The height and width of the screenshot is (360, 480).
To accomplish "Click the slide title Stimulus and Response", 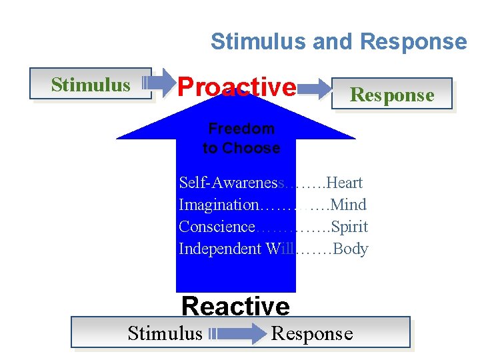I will point(339,41).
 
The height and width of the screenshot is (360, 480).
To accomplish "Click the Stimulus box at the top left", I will point(91,85).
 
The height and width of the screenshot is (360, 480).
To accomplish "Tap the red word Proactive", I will point(237,87).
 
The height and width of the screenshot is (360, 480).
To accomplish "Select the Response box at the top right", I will point(392,95).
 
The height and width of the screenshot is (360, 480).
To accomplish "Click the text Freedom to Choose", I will point(241,138).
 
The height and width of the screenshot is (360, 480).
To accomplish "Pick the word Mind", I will point(348,205).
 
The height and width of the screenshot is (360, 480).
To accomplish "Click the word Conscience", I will point(217,227).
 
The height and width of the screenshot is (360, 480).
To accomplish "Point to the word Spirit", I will point(349,227).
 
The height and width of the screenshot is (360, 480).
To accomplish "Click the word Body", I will point(351,249).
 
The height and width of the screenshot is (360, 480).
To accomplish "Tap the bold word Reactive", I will point(235,307).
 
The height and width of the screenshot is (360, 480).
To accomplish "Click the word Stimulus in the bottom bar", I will point(165,333).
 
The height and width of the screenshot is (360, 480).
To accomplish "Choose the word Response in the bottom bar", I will point(311,333).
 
